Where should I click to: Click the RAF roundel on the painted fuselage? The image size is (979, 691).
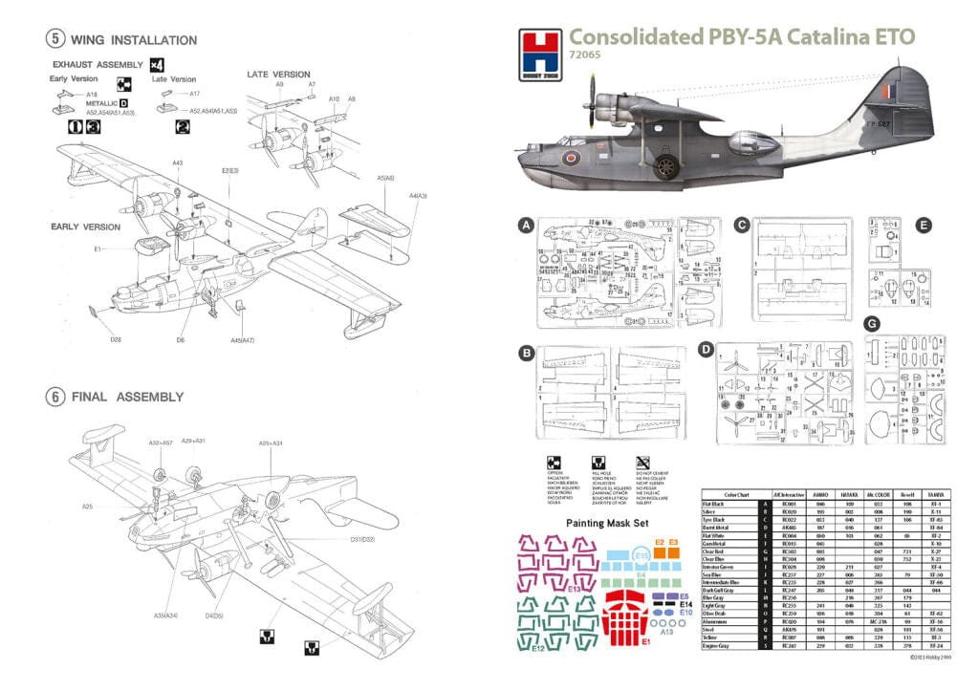click(x=572, y=157)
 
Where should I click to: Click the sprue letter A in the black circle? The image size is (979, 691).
click(x=524, y=226)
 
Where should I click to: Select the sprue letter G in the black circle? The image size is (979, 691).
click(x=872, y=324)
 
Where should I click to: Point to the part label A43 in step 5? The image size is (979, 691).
click(x=178, y=163)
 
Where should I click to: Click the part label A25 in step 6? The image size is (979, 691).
click(x=87, y=507)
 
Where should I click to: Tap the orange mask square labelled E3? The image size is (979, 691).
click(x=673, y=552)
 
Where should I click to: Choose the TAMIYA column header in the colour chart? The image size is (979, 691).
click(x=936, y=494)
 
